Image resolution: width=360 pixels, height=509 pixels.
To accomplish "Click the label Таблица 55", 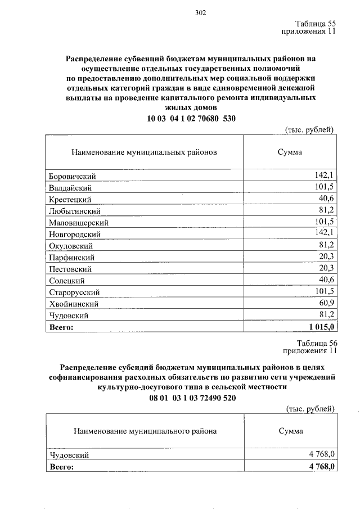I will (x=316, y=24).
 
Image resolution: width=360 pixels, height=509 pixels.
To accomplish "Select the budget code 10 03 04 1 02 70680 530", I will (x=191, y=118).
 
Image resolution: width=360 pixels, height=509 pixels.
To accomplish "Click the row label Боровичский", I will (x=72, y=177).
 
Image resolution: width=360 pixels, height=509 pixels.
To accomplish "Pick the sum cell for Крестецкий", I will (x=326, y=199).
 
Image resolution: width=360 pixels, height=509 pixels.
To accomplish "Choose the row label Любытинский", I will (x=74, y=211).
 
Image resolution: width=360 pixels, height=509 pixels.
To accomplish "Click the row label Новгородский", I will (x=75, y=234).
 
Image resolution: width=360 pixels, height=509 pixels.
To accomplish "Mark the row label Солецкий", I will (x=67, y=280).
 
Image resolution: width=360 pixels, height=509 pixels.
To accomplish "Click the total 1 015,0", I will (x=322, y=326).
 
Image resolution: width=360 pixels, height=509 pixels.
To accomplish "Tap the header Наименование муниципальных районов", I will (x=144, y=152).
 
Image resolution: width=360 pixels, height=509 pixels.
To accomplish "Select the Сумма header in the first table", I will (x=290, y=152).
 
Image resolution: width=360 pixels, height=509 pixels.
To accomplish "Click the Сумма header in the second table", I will (x=290, y=431).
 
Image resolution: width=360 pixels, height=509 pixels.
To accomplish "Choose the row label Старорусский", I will (x=74, y=292).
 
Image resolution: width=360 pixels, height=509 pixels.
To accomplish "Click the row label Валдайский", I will (x=70, y=188).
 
